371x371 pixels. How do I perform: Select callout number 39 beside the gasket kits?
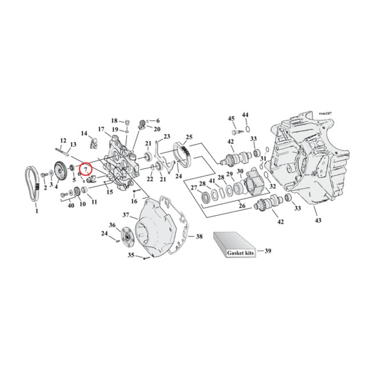point(268,251)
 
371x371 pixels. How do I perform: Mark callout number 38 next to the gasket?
point(198,237)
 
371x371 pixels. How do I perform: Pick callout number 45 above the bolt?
point(231,119)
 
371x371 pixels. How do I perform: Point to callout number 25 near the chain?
point(189,137)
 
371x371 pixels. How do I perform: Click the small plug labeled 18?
point(125,123)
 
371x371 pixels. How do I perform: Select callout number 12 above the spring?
point(64,141)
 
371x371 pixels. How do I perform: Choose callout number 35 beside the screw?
point(131,255)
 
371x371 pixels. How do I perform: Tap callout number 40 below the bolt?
point(71,205)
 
